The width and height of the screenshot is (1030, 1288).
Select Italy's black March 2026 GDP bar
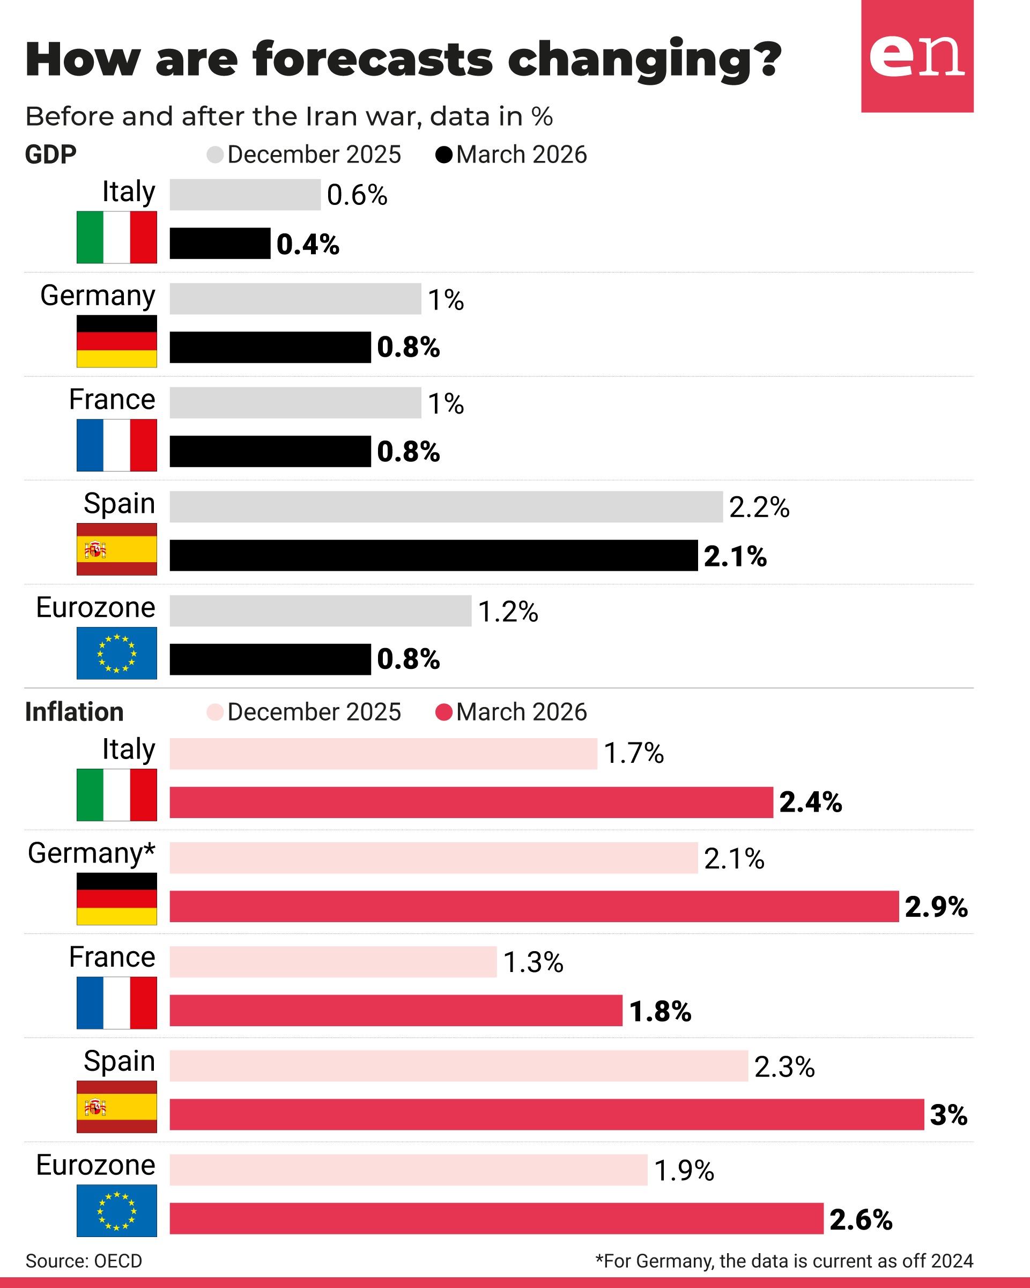click(220, 243)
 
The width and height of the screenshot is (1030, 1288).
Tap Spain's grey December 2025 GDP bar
click(446, 506)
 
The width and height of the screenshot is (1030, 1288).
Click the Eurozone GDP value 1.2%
click(508, 611)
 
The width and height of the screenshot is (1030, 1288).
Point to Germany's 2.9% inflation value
click(936, 906)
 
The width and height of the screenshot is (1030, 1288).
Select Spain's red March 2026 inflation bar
click(546, 1114)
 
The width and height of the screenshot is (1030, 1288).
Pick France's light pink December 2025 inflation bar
click(332, 961)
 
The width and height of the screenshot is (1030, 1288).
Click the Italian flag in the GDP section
click(116, 237)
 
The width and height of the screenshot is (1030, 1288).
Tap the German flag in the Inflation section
click(116, 899)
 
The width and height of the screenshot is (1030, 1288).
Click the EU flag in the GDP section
click(116, 653)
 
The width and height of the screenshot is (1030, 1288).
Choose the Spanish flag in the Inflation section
click(116, 1106)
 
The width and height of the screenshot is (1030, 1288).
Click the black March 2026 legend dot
click(443, 154)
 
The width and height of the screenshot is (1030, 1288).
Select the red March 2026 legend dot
click(443, 712)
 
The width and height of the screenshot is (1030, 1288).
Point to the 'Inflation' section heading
click(74, 712)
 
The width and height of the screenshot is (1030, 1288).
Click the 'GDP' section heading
click(51, 154)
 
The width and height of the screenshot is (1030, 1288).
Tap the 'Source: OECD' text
click(84, 1261)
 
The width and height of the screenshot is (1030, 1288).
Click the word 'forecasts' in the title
click(373, 60)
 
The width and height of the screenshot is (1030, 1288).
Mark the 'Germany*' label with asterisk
click(91, 852)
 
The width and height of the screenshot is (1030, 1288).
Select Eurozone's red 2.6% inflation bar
click(496, 1218)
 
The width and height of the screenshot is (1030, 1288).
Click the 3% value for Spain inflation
click(948, 1114)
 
